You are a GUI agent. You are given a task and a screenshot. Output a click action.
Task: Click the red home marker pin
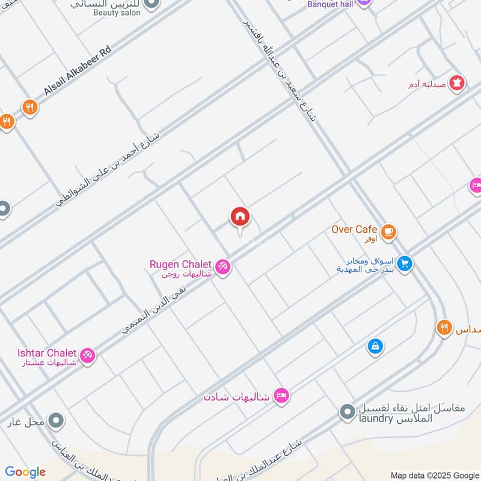pos(240,218)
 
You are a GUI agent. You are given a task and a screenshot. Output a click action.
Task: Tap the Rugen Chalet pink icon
pos(222,266)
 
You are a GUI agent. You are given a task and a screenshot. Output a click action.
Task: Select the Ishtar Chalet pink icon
pos(88,355)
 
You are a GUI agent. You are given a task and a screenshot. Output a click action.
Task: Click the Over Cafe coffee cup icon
pos(388,231)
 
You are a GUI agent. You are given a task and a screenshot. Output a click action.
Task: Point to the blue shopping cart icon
pos(405,264)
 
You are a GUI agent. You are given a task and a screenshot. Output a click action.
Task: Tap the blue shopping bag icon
pos(375,346)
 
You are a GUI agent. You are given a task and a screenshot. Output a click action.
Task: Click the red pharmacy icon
pos(456,84)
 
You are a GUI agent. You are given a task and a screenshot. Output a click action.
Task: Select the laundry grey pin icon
pos(347,412)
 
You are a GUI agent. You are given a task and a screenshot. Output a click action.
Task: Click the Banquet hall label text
pos(329,4)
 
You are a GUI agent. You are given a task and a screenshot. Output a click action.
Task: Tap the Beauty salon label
pos(117,12)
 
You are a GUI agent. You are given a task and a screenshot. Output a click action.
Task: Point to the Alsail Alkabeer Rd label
pos(78,72)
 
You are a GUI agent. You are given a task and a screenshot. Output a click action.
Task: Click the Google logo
pos(25,472)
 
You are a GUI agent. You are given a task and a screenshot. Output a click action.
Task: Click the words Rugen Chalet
pos(180,265)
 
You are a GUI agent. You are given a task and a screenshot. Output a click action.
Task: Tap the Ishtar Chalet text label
pos(47,353)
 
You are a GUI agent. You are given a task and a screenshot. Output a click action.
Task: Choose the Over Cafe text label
pos(354,229)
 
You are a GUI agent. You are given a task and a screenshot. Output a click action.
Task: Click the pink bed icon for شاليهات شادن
pos(281,396)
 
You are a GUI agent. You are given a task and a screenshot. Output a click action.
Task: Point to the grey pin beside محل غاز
pos(56,420)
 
